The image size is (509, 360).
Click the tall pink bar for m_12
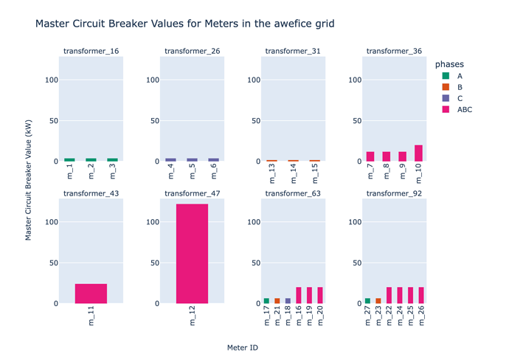pos(192,253)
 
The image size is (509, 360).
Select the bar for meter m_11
pos(91,294)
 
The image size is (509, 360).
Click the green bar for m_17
pos(266,301)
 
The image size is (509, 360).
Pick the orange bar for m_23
pos(378,301)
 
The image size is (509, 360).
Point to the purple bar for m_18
pos(288,301)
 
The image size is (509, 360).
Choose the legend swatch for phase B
pos(446,86)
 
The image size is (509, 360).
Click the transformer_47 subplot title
pos(192,193)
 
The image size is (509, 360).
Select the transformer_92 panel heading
pos(394,193)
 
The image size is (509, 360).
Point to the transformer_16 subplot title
pos(91,51)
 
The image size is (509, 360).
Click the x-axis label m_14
pos(293,171)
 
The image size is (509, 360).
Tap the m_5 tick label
pos(192,171)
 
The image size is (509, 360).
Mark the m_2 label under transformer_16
pos(91,171)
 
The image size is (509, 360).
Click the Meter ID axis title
pos(242,347)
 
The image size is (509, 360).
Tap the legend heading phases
pos(449,65)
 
